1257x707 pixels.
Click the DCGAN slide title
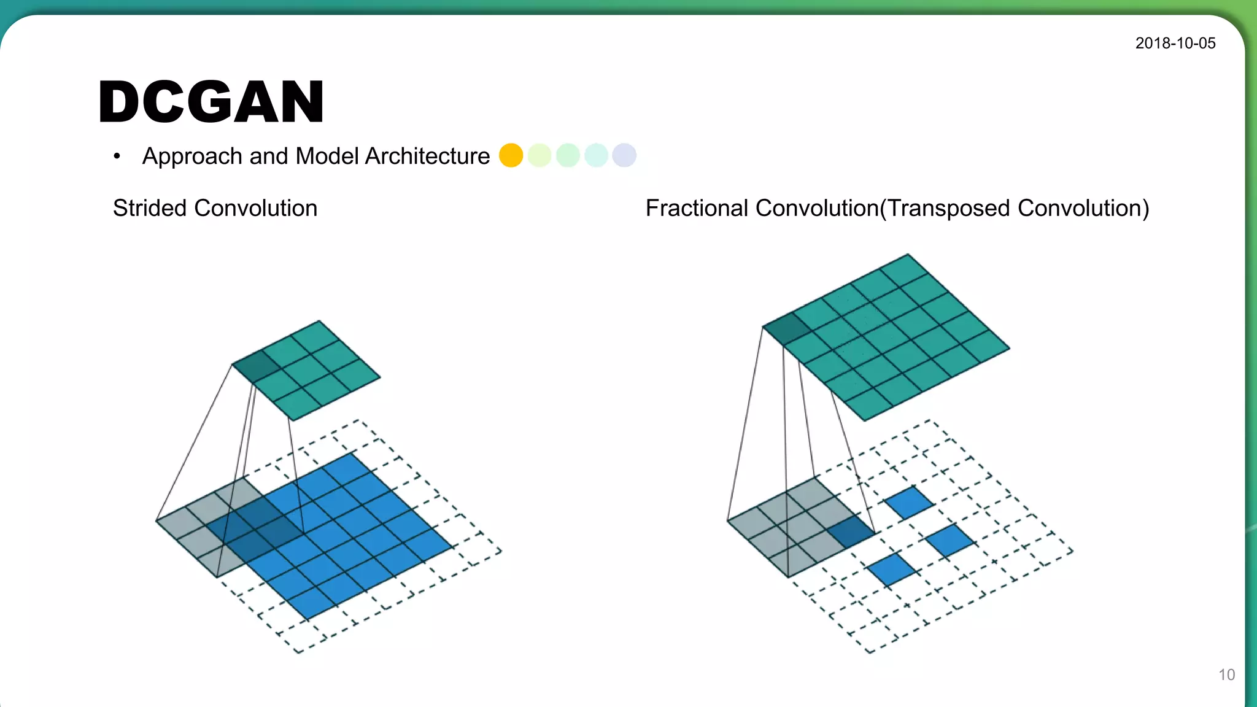click(211, 102)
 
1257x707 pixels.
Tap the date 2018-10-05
click(1175, 44)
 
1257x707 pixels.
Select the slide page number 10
click(1226, 675)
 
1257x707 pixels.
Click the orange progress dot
click(511, 155)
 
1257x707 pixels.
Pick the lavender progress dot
click(624, 155)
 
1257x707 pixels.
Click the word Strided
click(150, 209)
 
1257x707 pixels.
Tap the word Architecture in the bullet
click(427, 156)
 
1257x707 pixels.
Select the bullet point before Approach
click(117, 156)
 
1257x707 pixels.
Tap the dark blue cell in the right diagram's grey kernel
click(850, 531)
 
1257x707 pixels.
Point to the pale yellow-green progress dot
click(539, 155)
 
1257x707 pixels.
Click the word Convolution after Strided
click(255, 209)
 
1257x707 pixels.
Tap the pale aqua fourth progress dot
click(596, 155)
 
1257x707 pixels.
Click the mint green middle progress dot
click(568, 155)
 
